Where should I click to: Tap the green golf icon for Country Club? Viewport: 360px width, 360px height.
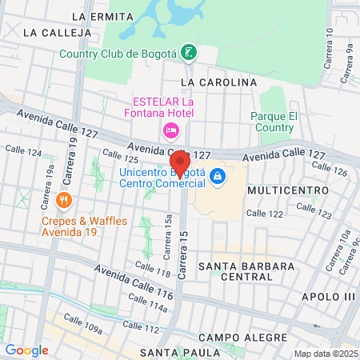pos(190,54)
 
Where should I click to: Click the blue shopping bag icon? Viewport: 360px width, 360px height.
pos(218,174)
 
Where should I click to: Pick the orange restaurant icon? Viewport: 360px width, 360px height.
pos(65,199)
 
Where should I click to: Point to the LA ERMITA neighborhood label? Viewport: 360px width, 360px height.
pos(102,16)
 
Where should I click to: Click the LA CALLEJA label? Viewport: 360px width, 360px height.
pos(54,33)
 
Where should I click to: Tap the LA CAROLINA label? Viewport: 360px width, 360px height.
pos(218,82)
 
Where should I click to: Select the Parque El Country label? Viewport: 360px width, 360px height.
pos(274,122)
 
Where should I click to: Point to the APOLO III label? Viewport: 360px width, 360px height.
pos(328,297)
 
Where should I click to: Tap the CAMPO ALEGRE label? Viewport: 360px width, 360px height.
pos(231,338)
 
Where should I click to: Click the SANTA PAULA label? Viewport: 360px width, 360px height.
pos(179,352)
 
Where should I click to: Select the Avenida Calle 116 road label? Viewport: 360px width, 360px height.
pos(134,283)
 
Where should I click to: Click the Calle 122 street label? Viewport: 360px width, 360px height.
pos(266,213)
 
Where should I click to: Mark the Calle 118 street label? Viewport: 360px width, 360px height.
pos(152,270)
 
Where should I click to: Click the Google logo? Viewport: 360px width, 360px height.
pos(26,350)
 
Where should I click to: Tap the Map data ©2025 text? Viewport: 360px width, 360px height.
pos(325,354)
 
